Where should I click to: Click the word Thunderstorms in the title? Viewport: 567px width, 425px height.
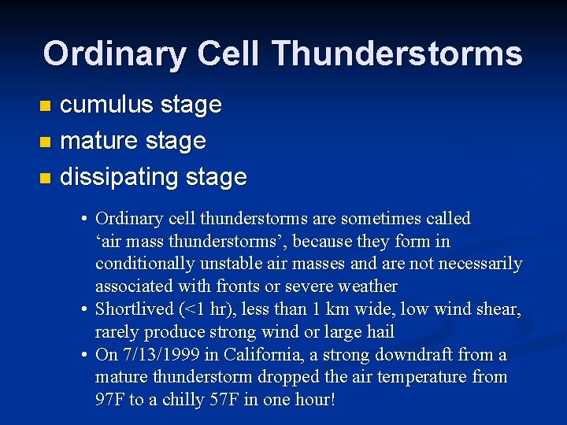pyautogui.click(x=397, y=54)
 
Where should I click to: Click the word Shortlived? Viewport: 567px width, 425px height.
pyautogui.click(x=133, y=309)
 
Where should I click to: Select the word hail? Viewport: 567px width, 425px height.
pyautogui.click(x=378, y=332)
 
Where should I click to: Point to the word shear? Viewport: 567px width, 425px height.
pyautogui.click(x=498, y=309)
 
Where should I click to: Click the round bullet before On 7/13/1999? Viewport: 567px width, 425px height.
pyautogui.click(x=83, y=355)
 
